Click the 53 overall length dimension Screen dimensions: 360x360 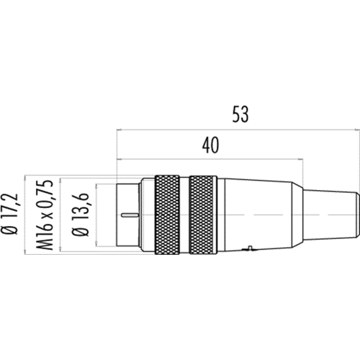(240, 114)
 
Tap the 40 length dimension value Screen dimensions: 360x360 (210, 145)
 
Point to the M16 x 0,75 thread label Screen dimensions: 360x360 (44, 215)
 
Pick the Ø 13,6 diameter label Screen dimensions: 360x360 (81, 214)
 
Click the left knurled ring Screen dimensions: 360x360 (167, 215)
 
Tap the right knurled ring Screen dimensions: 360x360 (203, 215)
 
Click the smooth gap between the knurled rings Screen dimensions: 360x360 (184, 215)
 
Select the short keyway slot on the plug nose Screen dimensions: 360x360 (130, 215)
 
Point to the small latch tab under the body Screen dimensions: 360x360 (250, 248)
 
